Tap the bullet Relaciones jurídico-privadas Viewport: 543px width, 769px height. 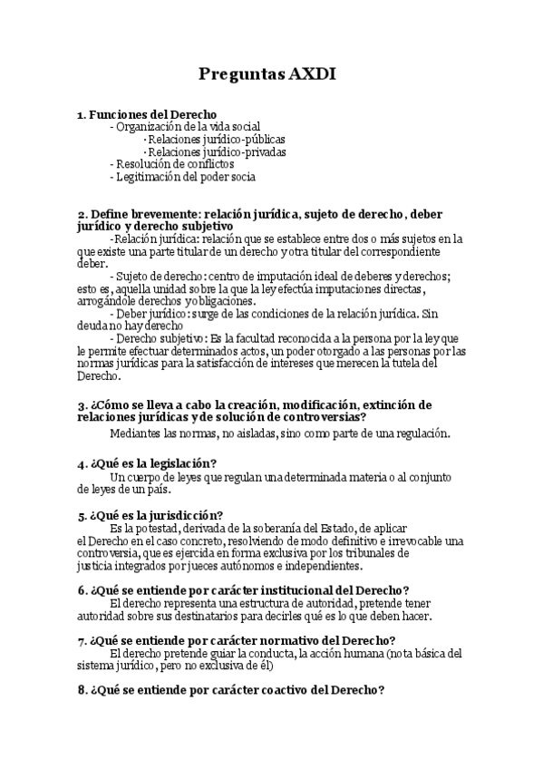[216, 152]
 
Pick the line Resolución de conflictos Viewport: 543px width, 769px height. [173, 164]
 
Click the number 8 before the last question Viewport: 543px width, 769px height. [82, 690]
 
